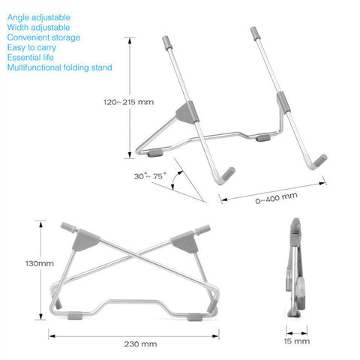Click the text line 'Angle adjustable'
click(x=39, y=17)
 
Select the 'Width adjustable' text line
click(x=38, y=28)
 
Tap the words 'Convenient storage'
click(x=43, y=37)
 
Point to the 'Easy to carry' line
click(x=31, y=47)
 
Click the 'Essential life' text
click(x=30, y=58)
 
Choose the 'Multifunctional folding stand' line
click(x=59, y=67)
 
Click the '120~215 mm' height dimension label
click(x=128, y=102)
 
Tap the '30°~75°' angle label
click(x=150, y=176)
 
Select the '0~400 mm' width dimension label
click(x=276, y=198)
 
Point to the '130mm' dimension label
click(x=40, y=263)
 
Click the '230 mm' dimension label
click(x=140, y=344)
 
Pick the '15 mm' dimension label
click(x=297, y=341)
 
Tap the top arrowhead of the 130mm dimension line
click(x=40, y=224)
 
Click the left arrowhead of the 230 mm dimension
click(x=52, y=336)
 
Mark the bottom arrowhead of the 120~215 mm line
click(x=130, y=155)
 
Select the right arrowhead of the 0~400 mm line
click(x=322, y=184)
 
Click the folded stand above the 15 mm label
click(x=295, y=268)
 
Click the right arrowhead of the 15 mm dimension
click(x=304, y=333)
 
